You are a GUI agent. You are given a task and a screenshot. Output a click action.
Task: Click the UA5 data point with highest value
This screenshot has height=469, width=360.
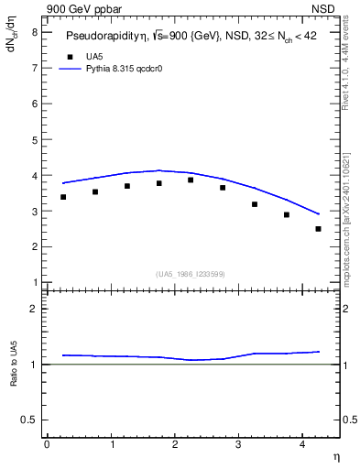(x=191, y=180)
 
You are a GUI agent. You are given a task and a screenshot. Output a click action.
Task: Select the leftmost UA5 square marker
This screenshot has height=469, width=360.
(x=63, y=197)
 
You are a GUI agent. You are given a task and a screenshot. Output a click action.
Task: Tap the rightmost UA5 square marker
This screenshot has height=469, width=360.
(x=318, y=229)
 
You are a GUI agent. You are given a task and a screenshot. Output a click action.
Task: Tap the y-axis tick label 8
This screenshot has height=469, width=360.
(x=34, y=32)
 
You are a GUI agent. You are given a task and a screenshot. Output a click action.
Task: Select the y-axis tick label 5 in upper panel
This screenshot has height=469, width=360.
(x=34, y=139)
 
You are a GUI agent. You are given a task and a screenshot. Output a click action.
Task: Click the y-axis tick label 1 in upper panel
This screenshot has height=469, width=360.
(x=34, y=282)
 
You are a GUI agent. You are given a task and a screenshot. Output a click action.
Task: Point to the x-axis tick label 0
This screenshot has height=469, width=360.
(x=48, y=443)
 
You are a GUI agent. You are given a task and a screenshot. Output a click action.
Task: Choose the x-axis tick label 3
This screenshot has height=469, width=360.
(x=238, y=443)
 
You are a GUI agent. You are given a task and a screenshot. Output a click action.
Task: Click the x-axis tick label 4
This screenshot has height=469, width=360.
(x=302, y=443)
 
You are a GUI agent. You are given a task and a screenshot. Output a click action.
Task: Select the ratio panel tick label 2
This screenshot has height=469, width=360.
(x=34, y=310)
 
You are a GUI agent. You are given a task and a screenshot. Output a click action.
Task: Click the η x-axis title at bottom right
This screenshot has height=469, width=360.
(x=335, y=456)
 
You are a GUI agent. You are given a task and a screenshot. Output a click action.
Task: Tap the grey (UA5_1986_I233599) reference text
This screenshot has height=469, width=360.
(x=190, y=274)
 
